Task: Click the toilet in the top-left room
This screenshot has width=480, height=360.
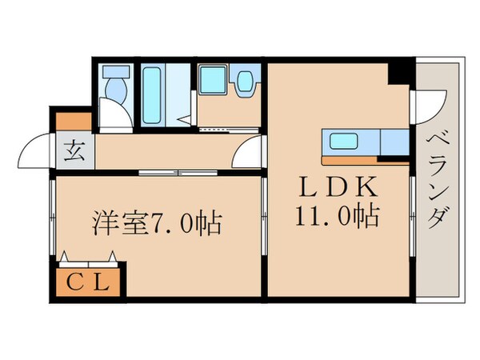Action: coord(114,87)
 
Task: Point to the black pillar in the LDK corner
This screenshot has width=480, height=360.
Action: coord(399,74)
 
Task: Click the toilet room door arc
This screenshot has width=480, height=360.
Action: coord(115,121)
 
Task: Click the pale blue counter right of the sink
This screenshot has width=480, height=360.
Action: coord(394,142)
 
